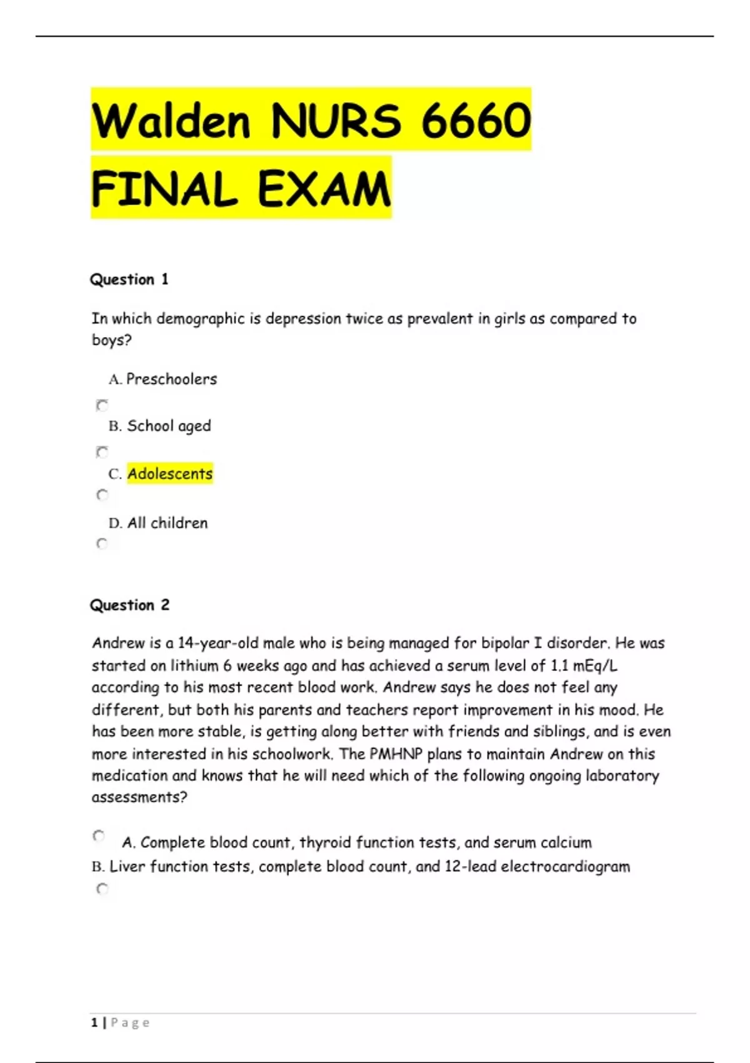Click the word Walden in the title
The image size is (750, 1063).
coord(171,121)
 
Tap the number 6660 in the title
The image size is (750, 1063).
coord(476,121)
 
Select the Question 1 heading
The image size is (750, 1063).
coord(129,280)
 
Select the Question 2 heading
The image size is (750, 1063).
coord(129,605)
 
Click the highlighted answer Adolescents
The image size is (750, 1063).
coord(170,474)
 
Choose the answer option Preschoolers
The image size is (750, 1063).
coord(171,379)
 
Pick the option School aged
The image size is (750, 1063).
coord(169,426)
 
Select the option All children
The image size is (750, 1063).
coord(167,523)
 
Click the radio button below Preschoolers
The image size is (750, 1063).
coord(102,405)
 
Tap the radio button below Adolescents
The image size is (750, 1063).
coord(102,495)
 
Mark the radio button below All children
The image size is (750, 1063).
coord(102,543)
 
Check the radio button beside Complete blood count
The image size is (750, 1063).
coord(99,836)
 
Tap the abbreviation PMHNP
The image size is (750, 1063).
coord(396,754)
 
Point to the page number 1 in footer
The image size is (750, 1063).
coord(94,1022)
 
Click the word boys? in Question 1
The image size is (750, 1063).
coord(112,340)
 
